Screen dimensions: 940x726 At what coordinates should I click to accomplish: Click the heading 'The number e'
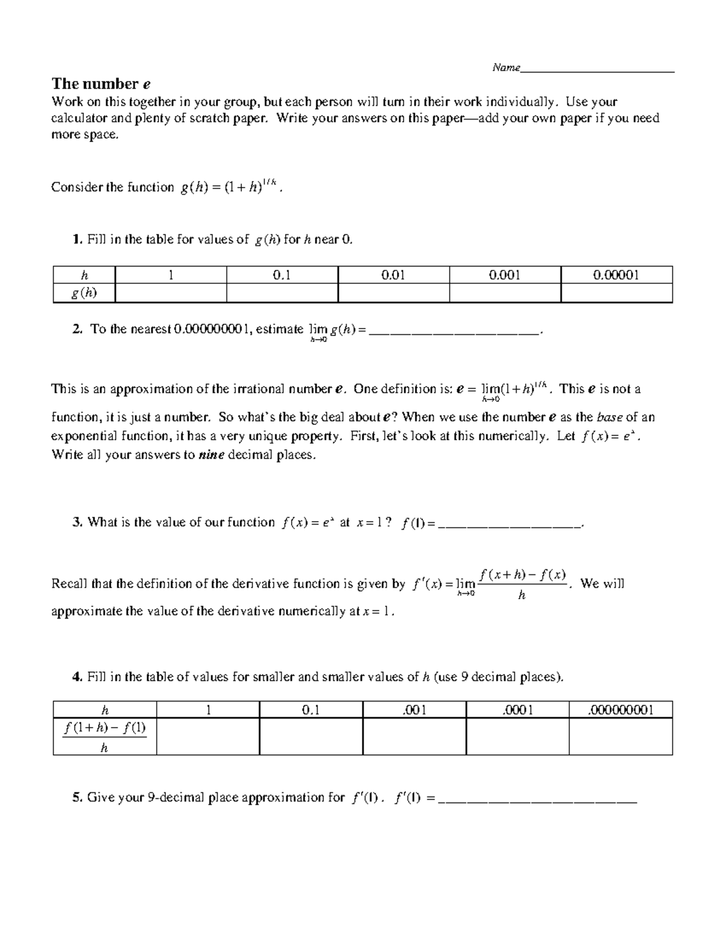click(x=101, y=84)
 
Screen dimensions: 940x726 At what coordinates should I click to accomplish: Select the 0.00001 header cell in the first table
click(x=616, y=275)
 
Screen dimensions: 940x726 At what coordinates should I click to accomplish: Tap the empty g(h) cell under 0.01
click(x=393, y=294)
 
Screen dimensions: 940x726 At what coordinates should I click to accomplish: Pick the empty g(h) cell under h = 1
click(x=171, y=294)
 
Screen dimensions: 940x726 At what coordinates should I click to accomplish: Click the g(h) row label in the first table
click(x=84, y=294)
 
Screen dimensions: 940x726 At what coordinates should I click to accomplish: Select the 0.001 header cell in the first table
click(x=505, y=275)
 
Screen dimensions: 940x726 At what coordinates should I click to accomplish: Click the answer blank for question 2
click(x=453, y=330)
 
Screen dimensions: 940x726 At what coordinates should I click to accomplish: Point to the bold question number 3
click(x=77, y=522)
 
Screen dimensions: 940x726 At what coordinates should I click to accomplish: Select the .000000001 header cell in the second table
click(x=620, y=710)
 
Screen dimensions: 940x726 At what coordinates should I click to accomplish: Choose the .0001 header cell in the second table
click(x=517, y=710)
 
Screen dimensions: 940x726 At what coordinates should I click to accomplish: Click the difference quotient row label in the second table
click(x=105, y=737)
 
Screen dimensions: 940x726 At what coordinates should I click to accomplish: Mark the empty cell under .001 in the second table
click(x=414, y=737)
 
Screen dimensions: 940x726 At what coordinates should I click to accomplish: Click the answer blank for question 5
click(x=537, y=800)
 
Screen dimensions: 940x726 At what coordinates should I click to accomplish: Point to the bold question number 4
click(x=77, y=677)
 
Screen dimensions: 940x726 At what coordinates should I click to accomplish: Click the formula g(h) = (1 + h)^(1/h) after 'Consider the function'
click(x=230, y=187)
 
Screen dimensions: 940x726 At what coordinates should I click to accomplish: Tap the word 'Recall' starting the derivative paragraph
click(x=70, y=584)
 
